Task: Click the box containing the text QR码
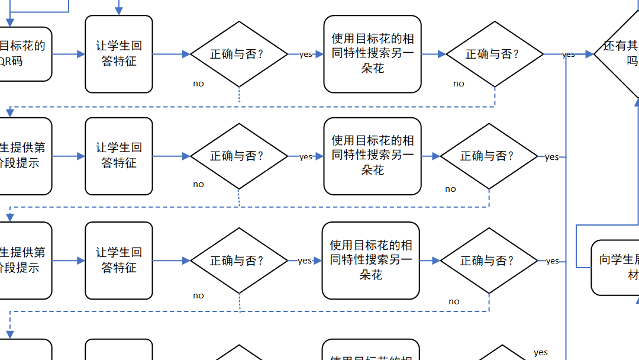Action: coord(24,54)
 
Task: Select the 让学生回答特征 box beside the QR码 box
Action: coord(119,54)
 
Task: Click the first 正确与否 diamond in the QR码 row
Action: coord(238,54)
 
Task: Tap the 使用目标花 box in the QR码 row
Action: coord(373,54)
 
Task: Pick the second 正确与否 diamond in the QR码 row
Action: coord(494,54)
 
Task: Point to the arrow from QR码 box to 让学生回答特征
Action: coord(69,54)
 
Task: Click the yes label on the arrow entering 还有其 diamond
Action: coord(569,54)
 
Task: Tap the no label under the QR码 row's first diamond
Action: coord(198,83)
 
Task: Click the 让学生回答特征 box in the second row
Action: coord(119,156)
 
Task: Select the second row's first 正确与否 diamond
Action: coord(238,156)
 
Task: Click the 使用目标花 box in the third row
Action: coord(371,261)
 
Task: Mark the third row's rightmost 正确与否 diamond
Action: coord(489,261)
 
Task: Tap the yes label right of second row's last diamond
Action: coord(551,157)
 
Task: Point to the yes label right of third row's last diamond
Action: coord(552,261)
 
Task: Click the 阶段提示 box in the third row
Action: coord(24,261)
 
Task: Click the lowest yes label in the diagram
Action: coord(541,352)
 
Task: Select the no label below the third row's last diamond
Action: coord(454,301)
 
